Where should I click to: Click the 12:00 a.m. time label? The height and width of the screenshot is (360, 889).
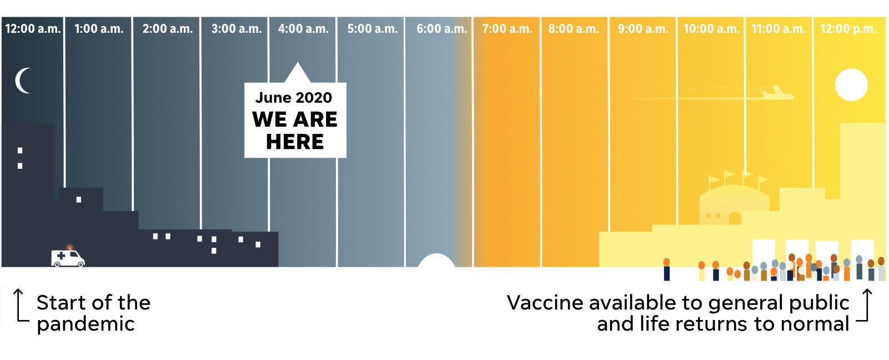point(33,28)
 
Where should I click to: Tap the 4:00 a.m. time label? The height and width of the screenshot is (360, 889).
point(303,28)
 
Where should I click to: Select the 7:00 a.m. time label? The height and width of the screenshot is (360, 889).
point(507,28)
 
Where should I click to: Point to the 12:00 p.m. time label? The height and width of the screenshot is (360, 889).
point(848,28)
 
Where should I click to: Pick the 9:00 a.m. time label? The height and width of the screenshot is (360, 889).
point(643,28)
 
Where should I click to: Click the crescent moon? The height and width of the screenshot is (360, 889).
point(22,81)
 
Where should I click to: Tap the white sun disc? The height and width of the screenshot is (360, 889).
point(851,84)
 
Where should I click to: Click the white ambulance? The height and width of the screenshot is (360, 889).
point(68,258)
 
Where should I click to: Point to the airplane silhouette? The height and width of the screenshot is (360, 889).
point(777,93)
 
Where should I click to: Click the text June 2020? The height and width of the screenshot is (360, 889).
point(293,98)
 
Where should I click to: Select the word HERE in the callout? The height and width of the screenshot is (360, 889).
point(295,142)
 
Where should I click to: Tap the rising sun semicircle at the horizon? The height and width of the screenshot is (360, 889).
point(436,261)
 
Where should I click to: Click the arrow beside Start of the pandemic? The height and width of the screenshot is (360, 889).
point(20,306)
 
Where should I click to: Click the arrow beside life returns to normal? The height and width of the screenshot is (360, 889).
point(865,305)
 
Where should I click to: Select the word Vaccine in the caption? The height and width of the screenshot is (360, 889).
point(545,303)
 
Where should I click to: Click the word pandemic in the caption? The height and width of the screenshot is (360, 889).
point(86,324)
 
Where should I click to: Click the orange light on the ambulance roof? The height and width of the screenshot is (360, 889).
point(69,247)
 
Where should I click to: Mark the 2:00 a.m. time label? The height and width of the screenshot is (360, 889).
point(168,28)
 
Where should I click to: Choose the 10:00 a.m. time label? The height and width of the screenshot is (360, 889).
point(712,28)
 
